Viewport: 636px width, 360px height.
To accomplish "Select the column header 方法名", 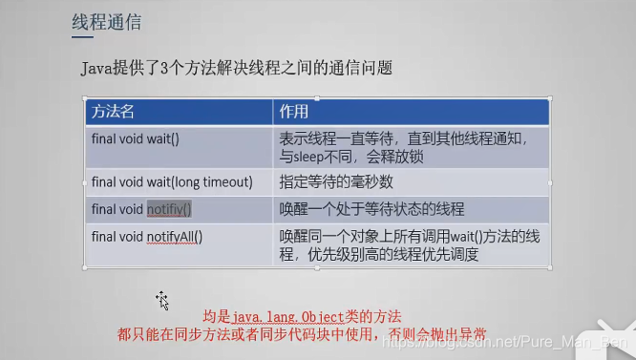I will coord(114,112).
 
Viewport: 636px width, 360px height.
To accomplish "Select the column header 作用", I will coord(293,112).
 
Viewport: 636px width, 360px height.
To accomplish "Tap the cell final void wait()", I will coord(136,138).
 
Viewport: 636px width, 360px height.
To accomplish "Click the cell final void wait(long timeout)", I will coord(172,181).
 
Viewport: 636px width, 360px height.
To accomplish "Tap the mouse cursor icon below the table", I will coord(162,301).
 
